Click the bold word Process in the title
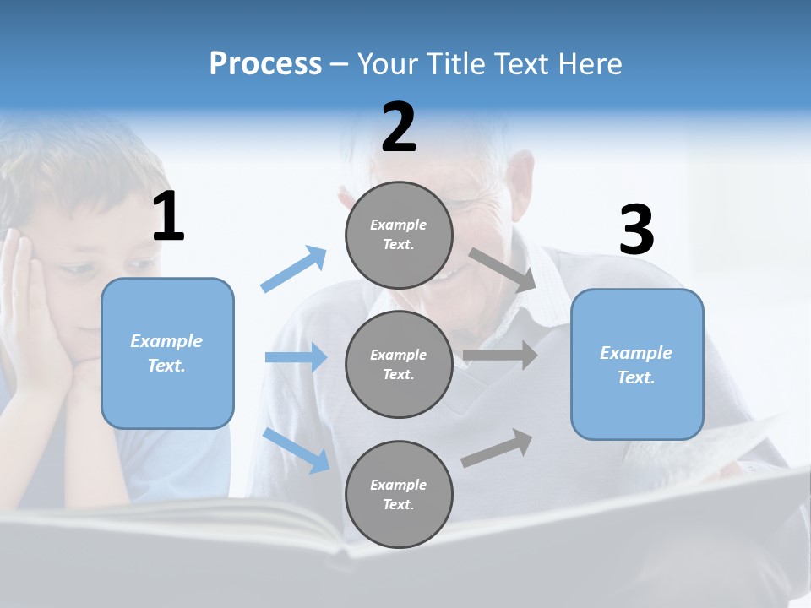(265, 63)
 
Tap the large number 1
(168, 217)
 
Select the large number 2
(399, 128)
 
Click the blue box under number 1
(167, 353)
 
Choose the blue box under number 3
(637, 364)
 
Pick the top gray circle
(399, 235)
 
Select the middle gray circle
(399, 364)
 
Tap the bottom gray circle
(399, 494)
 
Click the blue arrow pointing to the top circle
(294, 269)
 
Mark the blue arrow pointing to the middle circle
(296, 357)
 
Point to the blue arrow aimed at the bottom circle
(297, 450)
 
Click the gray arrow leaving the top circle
(502, 269)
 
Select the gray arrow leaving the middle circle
(500, 355)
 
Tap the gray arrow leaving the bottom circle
(497, 448)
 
